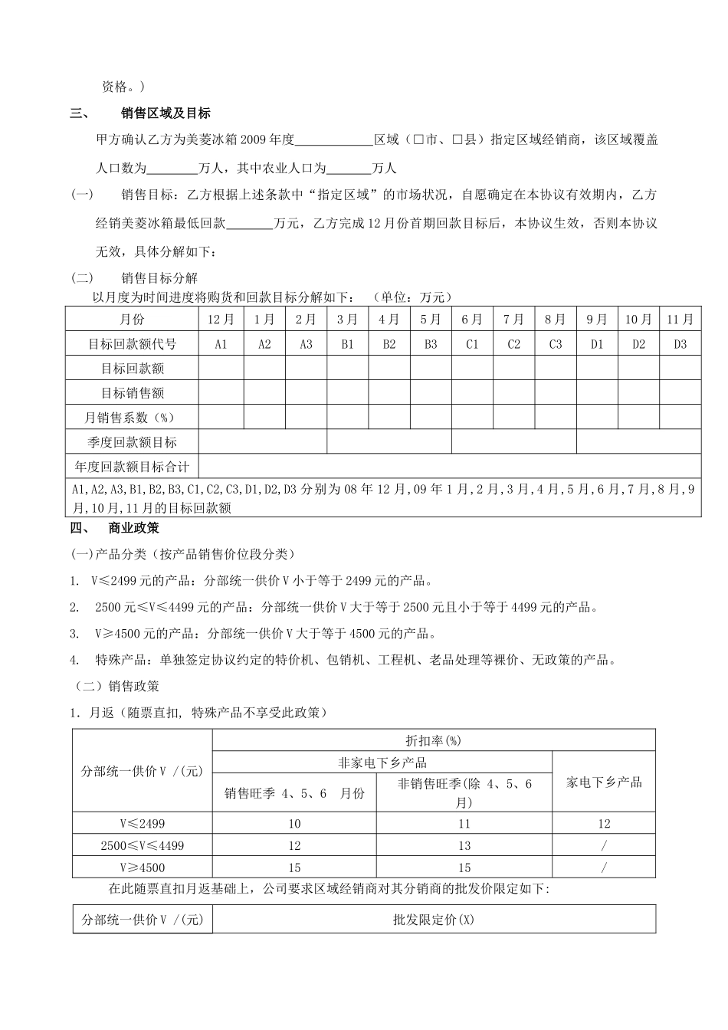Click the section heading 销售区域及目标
click(x=166, y=113)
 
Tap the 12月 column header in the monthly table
click(x=221, y=320)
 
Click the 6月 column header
click(x=472, y=320)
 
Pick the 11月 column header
click(x=680, y=320)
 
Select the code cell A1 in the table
click(x=221, y=344)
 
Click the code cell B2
click(x=389, y=344)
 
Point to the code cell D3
click(x=680, y=344)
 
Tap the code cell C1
click(x=472, y=344)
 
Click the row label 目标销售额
click(x=133, y=393)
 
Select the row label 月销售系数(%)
click(x=133, y=418)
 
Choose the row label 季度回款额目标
click(x=133, y=442)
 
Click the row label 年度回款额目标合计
click(x=133, y=467)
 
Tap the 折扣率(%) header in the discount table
click(x=433, y=740)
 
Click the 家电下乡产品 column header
click(x=604, y=782)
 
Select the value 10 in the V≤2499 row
click(x=295, y=824)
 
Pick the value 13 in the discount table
click(x=464, y=846)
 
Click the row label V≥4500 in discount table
click(x=143, y=868)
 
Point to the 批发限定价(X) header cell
click(x=433, y=920)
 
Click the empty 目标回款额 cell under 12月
click(x=221, y=369)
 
